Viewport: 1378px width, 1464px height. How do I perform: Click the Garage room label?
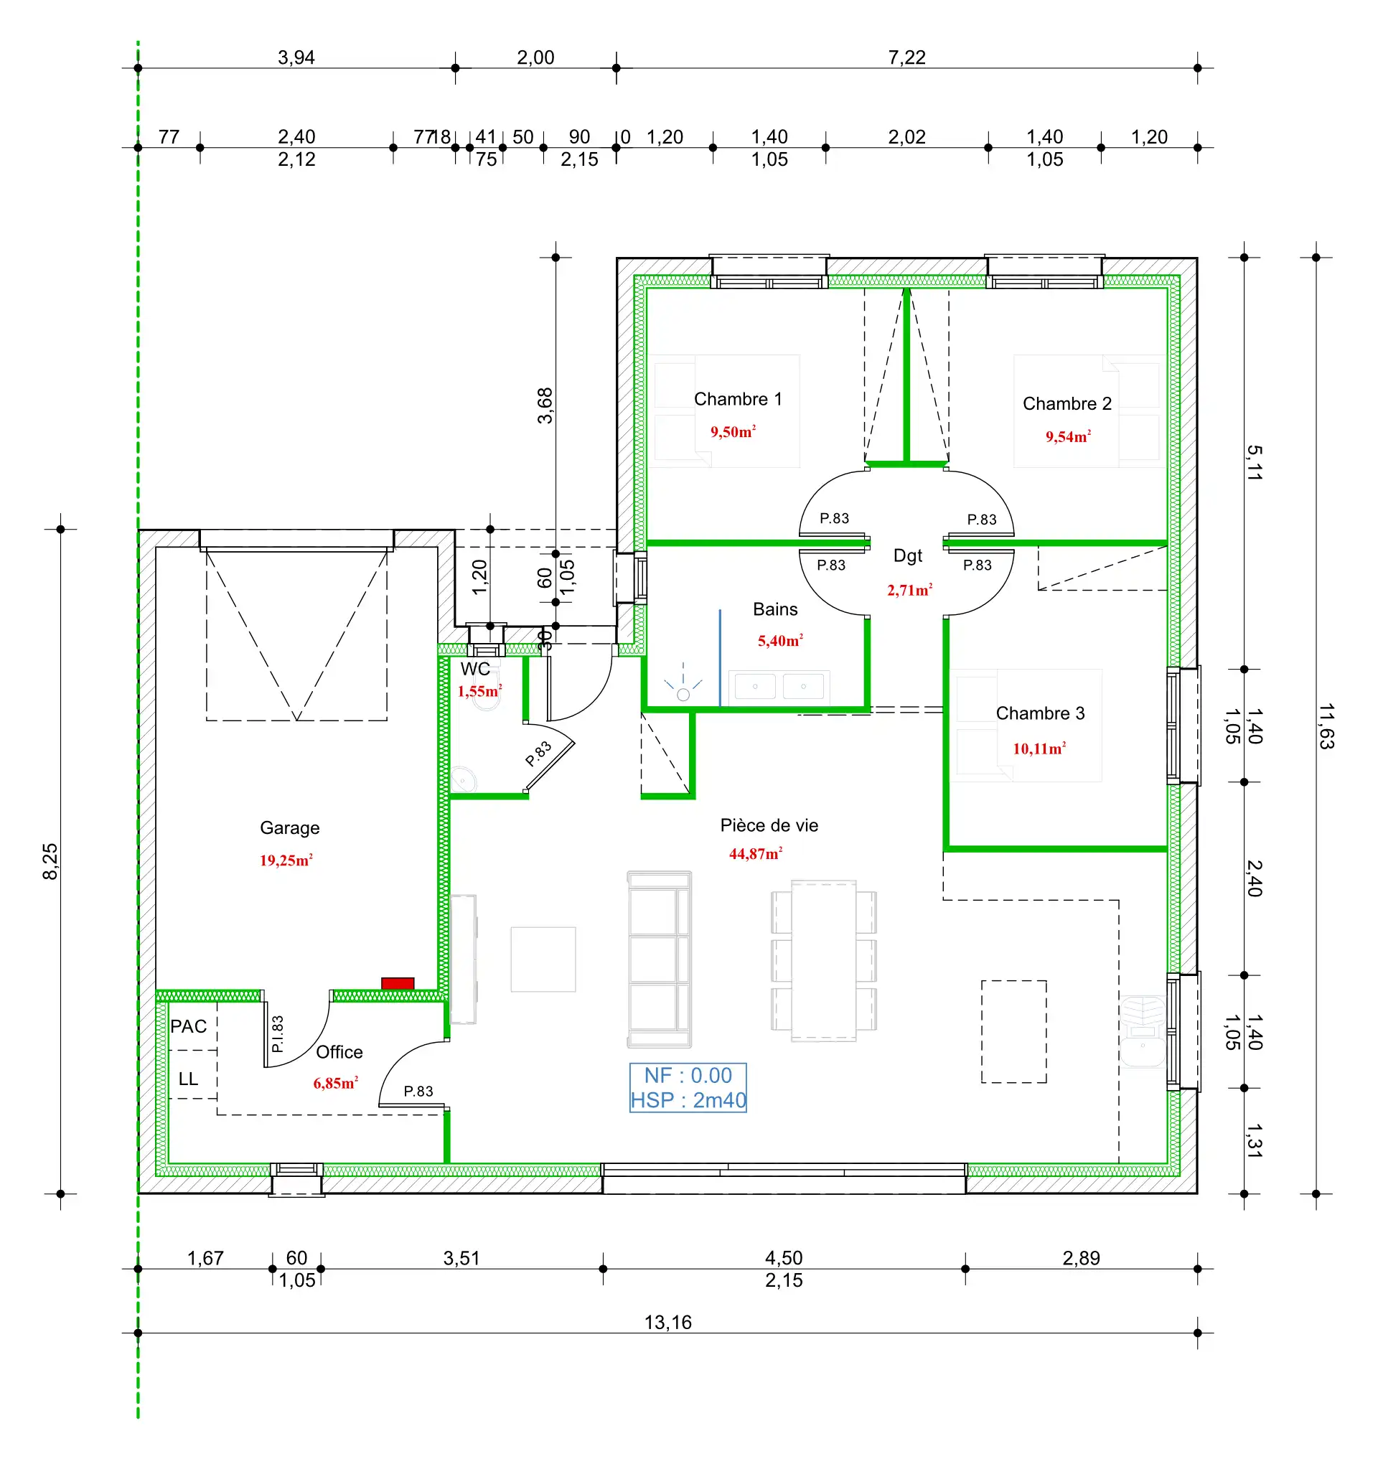pyautogui.click(x=289, y=827)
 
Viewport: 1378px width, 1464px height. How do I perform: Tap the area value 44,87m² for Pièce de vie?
pyautogui.click(x=755, y=854)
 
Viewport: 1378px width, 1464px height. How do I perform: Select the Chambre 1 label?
pyautogui.click(x=737, y=399)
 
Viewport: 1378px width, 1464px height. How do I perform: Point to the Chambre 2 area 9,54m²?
pyautogui.click(x=1067, y=437)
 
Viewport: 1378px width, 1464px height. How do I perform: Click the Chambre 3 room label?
pyautogui.click(x=1040, y=713)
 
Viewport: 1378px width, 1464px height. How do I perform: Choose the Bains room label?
pyautogui.click(x=775, y=609)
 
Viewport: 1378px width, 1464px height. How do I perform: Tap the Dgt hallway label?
pyautogui.click(x=907, y=555)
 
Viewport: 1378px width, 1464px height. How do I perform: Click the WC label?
pyautogui.click(x=475, y=669)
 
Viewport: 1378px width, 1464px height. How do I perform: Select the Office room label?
pyautogui.click(x=339, y=1051)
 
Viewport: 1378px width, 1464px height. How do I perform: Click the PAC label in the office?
pyautogui.click(x=189, y=1026)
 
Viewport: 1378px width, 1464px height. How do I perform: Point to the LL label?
pyautogui.click(x=189, y=1079)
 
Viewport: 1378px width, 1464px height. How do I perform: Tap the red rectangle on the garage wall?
pyautogui.click(x=398, y=983)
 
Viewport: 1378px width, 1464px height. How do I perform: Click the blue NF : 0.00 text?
pyautogui.click(x=688, y=1075)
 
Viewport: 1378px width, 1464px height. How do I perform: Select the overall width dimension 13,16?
pyautogui.click(x=668, y=1323)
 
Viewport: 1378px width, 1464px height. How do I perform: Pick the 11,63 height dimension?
pyautogui.click(x=1326, y=726)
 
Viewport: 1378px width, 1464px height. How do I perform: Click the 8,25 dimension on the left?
pyautogui.click(x=50, y=862)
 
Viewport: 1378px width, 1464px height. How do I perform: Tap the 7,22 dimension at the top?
pyautogui.click(x=906, y=57)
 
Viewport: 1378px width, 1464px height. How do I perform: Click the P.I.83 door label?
pyautogui.click(x=277, y=1034)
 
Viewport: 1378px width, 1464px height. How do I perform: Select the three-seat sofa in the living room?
pyautogui.click(x=659, y=959)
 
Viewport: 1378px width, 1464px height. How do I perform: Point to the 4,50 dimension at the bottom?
pyautogui.click(x=784, y=1258)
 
